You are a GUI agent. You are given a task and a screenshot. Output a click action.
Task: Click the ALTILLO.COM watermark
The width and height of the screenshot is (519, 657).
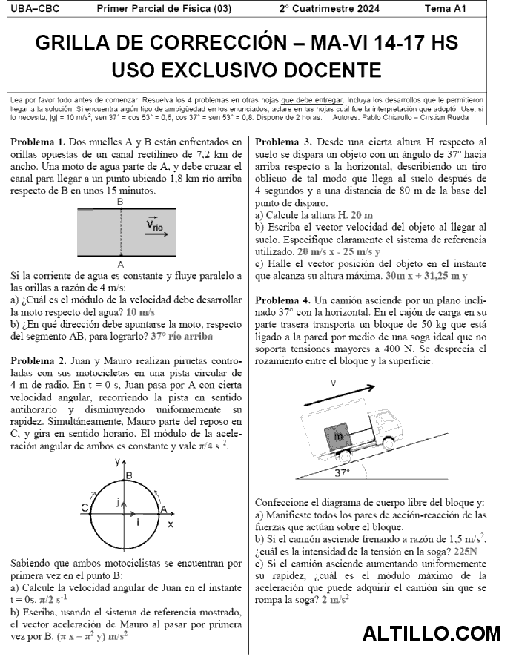pos(432,634)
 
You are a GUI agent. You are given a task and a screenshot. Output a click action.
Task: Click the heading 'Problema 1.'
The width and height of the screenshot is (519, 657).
pos(39,141)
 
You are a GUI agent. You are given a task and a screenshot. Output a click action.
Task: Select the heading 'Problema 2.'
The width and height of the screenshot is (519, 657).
pos(39,360)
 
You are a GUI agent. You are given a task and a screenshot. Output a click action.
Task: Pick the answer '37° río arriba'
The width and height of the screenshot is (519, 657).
pos(182,336)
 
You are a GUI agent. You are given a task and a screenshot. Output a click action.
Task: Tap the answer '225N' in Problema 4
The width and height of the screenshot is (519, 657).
pos(465,552)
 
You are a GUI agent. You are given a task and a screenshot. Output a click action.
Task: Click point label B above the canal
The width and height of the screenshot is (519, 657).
pos(120,202)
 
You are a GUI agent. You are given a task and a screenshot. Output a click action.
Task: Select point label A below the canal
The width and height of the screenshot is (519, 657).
pos(120,263)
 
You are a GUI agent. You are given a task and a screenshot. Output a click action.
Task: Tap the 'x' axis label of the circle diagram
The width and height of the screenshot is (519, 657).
pos(171,524)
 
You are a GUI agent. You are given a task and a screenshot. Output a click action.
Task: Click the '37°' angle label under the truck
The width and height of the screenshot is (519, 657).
pos(342,472)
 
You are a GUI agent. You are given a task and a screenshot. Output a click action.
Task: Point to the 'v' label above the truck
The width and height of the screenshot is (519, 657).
pos(334,383)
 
